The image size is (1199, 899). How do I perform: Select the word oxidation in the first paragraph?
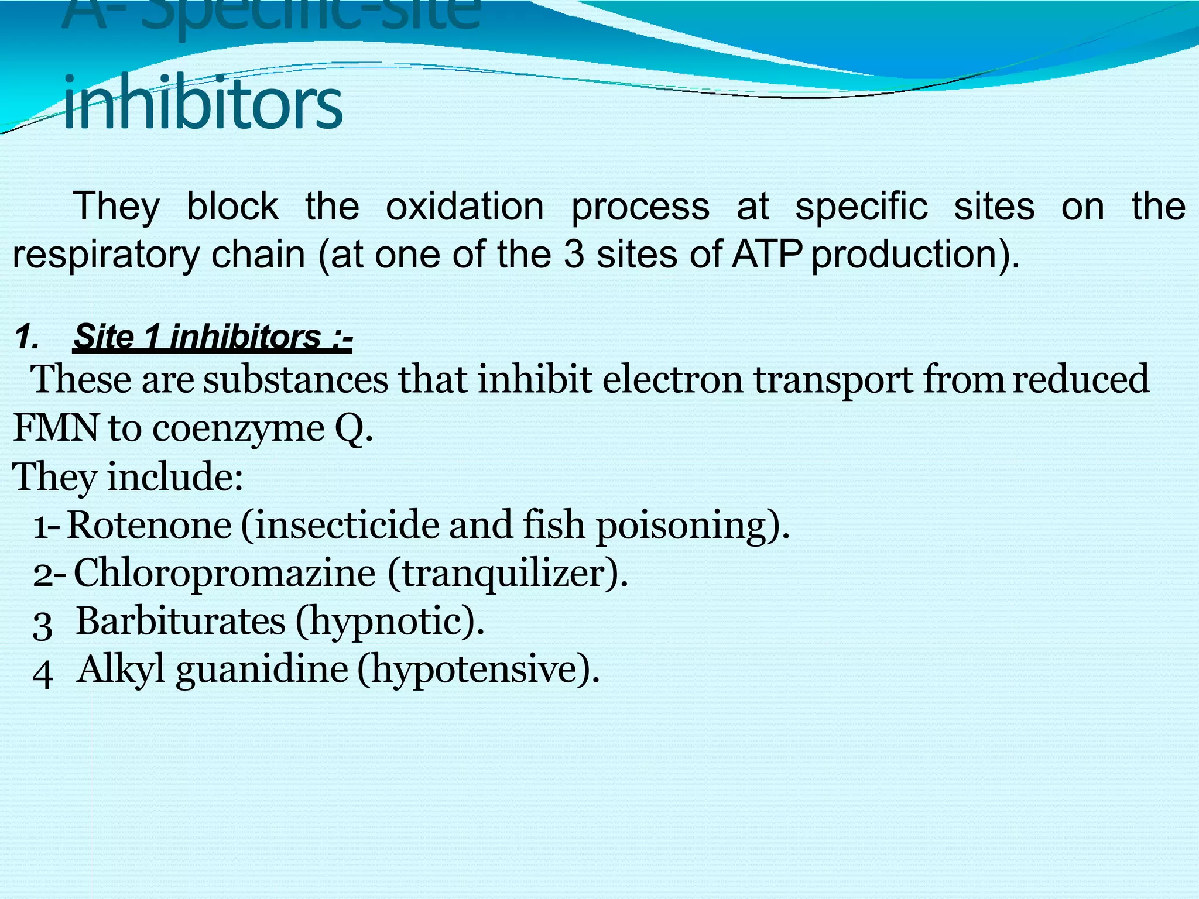pyautogui.click(x=464, y=207)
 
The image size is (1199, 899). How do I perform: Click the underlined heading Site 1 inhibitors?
pyautogui.click(x=212, y=337)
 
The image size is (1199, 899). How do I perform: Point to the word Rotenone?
pyautogui.click(x=149, y=524)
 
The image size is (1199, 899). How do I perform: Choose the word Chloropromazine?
pyautogui.click(x=224, y=572)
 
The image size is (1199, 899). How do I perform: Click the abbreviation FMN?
pyautogui.click(x=55, y=428)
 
